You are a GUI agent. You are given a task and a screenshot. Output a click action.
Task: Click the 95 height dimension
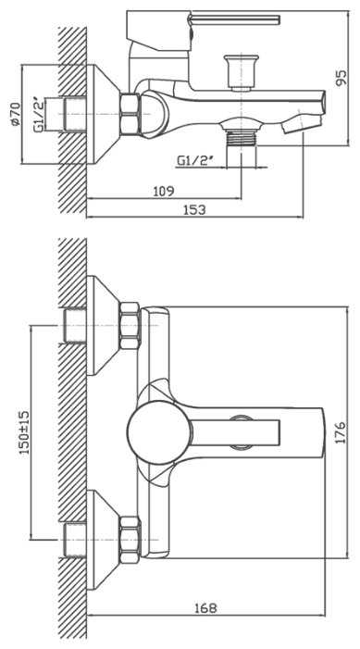pyautogui.click(x=341, y=77)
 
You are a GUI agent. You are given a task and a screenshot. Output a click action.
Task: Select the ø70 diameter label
pyautogui.click(x=15, y=114)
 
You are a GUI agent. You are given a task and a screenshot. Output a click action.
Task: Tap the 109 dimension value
pyautogui.click(x=164, y=191)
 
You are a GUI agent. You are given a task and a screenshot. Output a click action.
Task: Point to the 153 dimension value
pyautogui.click(x=194, y=209)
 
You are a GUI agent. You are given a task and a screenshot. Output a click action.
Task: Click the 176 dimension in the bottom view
pyautogui.click(x=341, y=432)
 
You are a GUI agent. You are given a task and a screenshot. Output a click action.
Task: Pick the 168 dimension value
pyautogui.click(x=205, y=608)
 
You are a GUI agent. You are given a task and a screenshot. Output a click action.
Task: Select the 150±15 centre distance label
pyautogui.click(x=24, y=432)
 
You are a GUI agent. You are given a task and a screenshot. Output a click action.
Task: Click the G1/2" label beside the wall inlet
pyautogui.click(x=39, y=114)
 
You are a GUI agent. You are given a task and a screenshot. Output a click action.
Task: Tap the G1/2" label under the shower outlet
pyautogui.click(x=195, y=160)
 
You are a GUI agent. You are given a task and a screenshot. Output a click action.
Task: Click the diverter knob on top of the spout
pyautogui.click(x=241, y=72)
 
